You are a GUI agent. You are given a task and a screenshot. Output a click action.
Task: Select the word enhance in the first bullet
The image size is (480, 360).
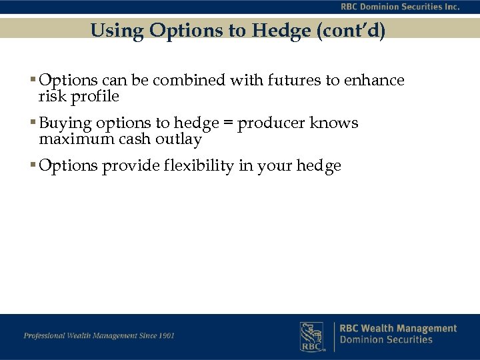pyautogui.click(x=373, y=81)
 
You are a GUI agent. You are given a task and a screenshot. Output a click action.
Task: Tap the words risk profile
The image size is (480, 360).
pyautogui.click(x=79, y=97)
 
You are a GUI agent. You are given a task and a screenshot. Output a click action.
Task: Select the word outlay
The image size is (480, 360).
pyautogui.click(x=179, y=139)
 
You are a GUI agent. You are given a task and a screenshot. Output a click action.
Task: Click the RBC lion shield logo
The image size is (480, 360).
pyautogui.click(x=311, y=335)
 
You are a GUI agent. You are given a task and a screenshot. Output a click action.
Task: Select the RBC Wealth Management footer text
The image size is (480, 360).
pyautogui.click(x=398, y=328)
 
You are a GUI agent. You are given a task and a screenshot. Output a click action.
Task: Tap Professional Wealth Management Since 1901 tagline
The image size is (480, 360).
pyautogui.click(x=99, y=335)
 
